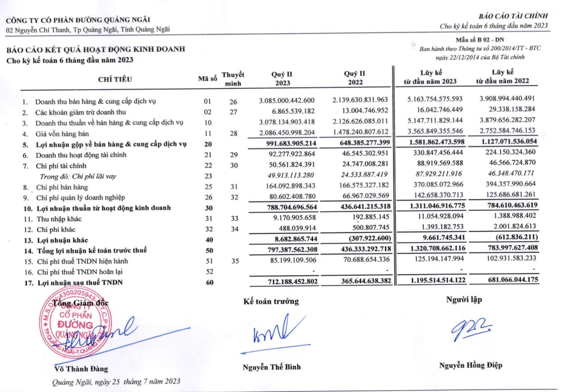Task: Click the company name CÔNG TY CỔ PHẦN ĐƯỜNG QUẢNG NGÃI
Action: click(88, 21)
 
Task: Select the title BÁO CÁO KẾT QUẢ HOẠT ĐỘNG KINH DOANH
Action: click(95, 50)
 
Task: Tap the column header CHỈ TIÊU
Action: click(115, 79)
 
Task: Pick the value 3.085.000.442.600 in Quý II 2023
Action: click(287, 100)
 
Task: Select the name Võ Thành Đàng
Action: click(81, 369)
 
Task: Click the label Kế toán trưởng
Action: click(271, 301)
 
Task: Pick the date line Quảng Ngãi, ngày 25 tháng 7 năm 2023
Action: click(116, 381)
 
